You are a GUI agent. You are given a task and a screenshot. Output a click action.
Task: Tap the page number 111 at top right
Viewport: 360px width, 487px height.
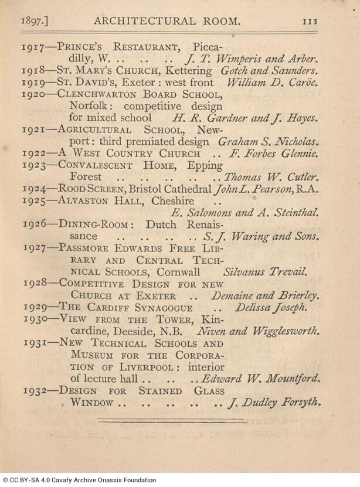[310, 22]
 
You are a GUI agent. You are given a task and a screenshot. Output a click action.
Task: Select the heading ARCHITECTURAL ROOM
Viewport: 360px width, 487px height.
[167, 22]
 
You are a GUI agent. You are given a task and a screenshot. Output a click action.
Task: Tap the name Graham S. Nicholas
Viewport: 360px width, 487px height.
[269, 142]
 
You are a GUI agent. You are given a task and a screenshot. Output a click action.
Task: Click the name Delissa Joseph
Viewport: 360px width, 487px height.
[271, 307]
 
